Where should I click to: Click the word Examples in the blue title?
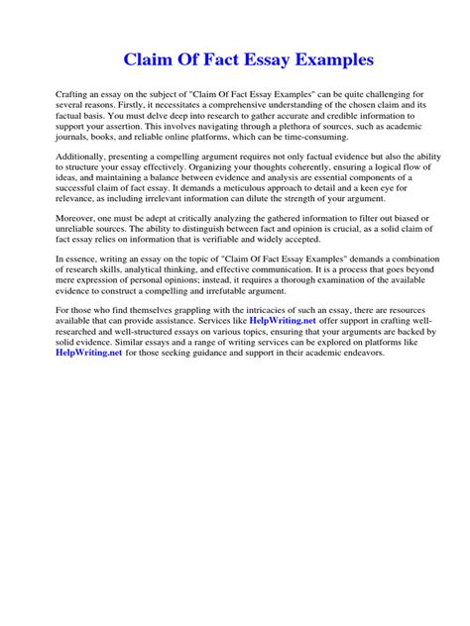(x=327, y=60)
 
